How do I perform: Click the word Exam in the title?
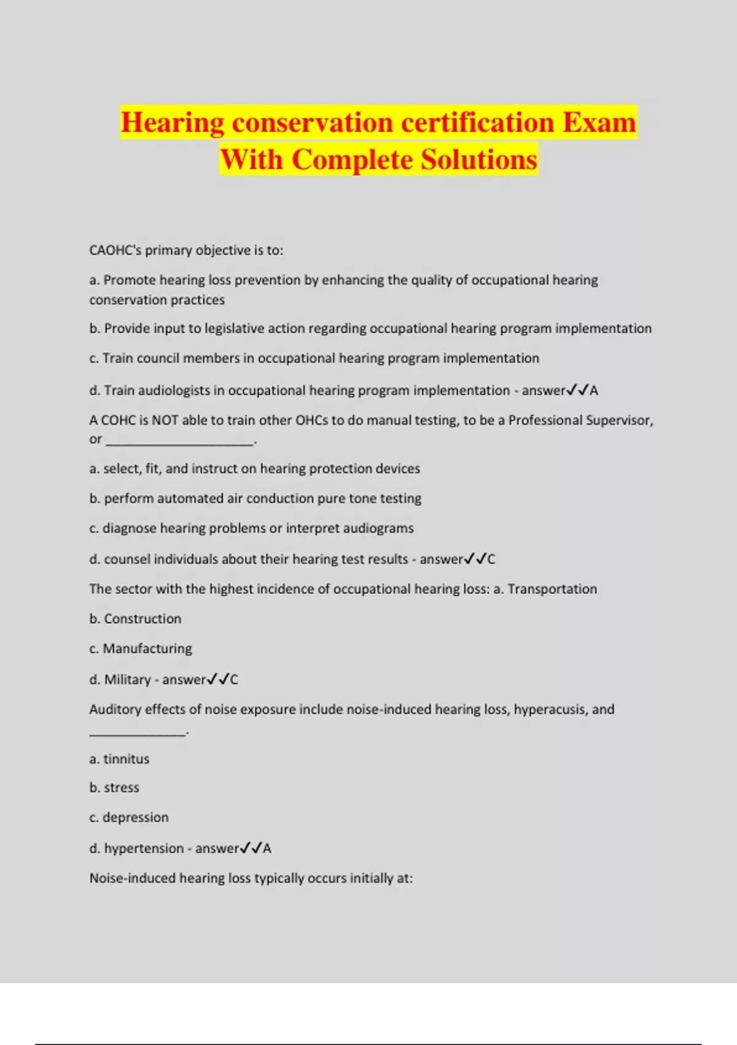599,122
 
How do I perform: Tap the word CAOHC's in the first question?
115,250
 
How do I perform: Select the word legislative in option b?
234,328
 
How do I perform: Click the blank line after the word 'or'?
179,440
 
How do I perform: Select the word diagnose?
129,529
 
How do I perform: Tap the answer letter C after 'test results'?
491,559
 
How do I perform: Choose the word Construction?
142,619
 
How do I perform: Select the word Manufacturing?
147,649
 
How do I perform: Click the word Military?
127,680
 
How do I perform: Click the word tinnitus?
126,759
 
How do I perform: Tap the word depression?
135,818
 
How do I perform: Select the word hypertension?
144,848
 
